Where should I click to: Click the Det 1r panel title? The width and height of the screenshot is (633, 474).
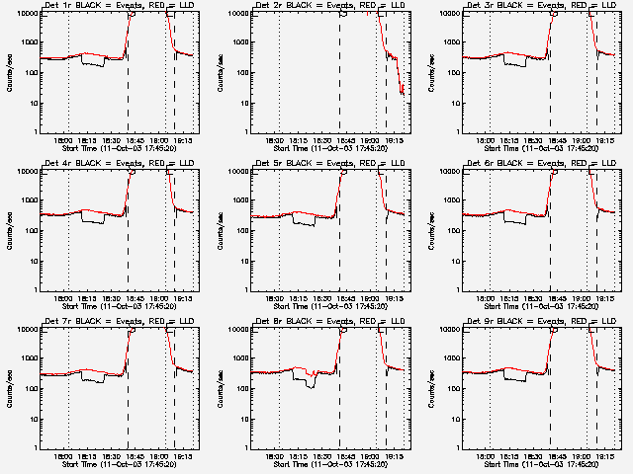pyautogui.click(x=119, y=6)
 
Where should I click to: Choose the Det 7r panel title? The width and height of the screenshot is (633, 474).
pyautogui.click(x=119, y=322)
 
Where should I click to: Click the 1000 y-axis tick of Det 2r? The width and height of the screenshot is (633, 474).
pyautogui.click(x=236, y=43)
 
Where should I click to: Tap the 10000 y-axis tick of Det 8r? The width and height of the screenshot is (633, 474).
pyautogui.click(x=234, y=330)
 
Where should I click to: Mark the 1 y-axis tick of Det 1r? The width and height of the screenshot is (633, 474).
pyautogui.click(x=33, y=132)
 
